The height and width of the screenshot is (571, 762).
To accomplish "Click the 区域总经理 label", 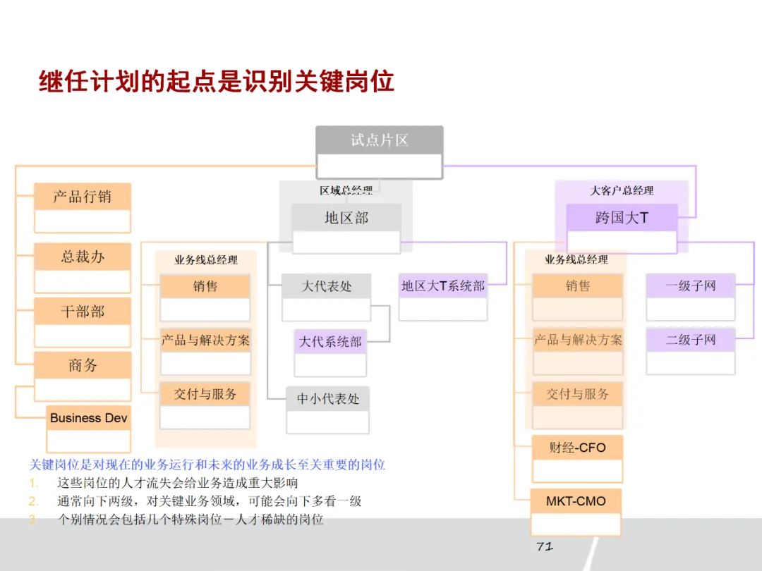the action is coord(346,190).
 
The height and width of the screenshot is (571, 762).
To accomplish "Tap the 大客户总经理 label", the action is coord(622,190).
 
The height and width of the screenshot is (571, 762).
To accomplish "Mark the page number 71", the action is coord(544,546).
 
